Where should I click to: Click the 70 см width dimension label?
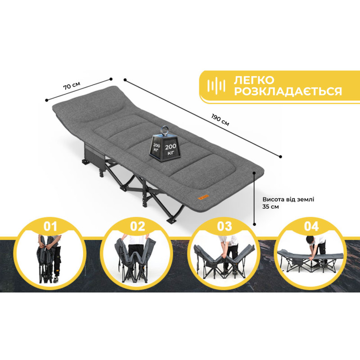72,85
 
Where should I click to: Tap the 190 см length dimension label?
220,120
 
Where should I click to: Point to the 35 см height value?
271,207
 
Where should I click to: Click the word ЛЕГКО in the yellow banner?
254,80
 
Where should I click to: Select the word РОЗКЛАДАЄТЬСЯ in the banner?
288,91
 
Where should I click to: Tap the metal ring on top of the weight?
165,130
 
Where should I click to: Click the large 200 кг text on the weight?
171,149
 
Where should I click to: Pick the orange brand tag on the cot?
204,197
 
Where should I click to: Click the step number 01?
50,226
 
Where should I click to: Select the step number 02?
138,226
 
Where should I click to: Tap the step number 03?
224,226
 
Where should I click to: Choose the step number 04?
311,226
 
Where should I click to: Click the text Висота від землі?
288,199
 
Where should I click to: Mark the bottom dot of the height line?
254,224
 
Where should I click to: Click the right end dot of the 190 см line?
280,157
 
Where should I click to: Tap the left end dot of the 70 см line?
47,100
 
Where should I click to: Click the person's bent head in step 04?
310,240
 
